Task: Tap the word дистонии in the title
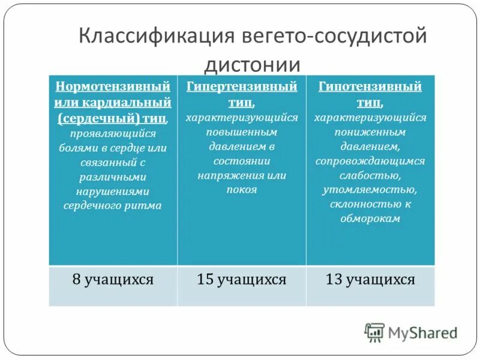[253, 63]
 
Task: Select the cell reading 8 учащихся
[113, 279]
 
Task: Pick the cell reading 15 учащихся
[242, 279]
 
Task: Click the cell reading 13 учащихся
[370, 279]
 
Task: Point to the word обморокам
[370, 219]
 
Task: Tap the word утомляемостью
[370, 190]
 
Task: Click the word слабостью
[370, 175]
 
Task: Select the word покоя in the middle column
[242, 190]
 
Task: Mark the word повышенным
[242, 132]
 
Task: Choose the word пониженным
[370, 132]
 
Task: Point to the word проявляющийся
[113, 133]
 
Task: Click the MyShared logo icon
[374, 332]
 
